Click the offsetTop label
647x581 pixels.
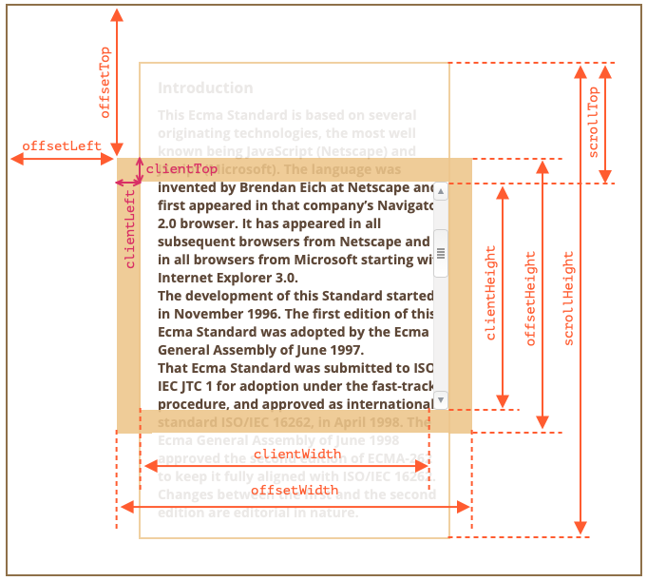105,83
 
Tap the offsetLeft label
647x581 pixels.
62,145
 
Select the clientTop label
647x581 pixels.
181,168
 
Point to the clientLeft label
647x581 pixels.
131,228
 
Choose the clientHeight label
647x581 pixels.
491,293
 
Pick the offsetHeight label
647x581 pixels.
531,299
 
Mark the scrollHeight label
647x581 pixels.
569,299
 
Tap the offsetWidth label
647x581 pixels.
295,490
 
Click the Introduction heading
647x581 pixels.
205,87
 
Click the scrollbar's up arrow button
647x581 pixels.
441,189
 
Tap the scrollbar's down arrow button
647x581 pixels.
441,401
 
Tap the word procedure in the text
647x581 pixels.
194,403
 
